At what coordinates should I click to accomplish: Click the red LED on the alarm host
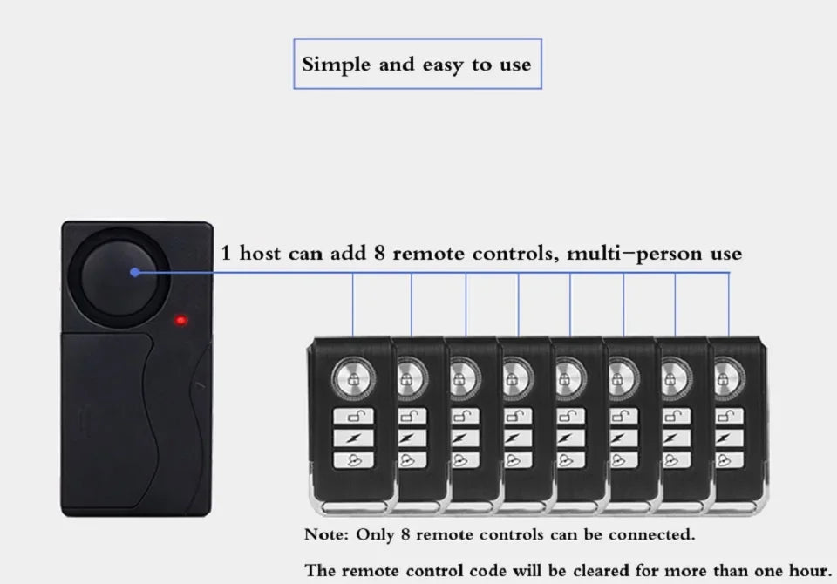(x=181, y=320)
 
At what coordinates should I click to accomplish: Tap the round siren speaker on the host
(x=126, y=277)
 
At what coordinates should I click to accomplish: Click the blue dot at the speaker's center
(x=134, y=273)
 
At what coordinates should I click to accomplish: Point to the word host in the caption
(x=260, y=253)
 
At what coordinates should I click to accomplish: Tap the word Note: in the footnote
(x=326, y=534)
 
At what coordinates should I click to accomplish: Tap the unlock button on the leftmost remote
(x=353, y=417)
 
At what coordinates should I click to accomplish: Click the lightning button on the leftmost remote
(x=353, y=438)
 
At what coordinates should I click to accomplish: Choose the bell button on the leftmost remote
(x=353, y=459)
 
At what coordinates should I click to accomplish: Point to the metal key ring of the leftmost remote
(x=353, y=506)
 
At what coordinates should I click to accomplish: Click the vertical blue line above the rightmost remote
(x=729, y=305)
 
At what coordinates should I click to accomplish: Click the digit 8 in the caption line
(x=379, y=253)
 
